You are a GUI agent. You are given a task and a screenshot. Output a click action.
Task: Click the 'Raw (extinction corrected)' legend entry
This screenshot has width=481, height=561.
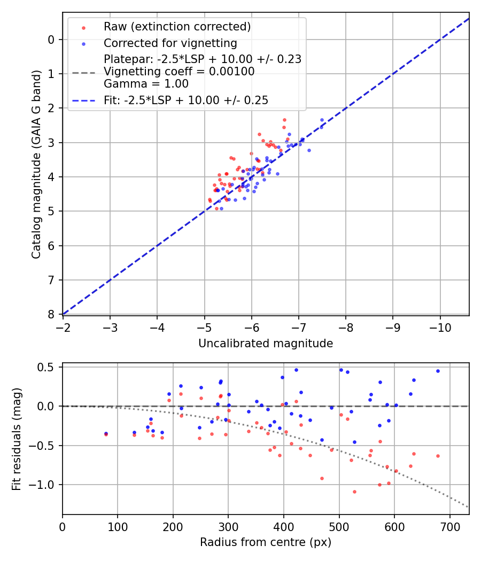pos(177,27)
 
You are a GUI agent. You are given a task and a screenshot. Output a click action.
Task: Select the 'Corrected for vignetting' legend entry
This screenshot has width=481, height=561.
pos(170,43)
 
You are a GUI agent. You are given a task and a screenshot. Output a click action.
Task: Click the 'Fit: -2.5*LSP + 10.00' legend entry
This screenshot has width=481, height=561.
pos(186,100)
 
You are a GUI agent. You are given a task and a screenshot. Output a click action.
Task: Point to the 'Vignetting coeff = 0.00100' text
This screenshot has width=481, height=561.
pos(179,72)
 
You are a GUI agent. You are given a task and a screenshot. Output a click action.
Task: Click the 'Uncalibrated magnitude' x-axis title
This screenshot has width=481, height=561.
pos(266,344)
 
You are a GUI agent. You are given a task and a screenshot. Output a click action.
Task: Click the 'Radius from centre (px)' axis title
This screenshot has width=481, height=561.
pos(266,542)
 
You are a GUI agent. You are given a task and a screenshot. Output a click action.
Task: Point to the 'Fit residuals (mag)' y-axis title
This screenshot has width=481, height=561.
pos(17,439)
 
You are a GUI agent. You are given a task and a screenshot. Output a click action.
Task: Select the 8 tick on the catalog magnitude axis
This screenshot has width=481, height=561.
pos(51,314)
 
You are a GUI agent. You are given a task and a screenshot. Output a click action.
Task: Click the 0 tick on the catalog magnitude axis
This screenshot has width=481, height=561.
pos(51,40)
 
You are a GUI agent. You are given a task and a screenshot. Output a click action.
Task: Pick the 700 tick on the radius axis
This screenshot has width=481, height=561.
pos(449,526)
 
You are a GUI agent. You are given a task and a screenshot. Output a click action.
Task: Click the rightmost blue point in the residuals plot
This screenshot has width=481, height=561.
pos(438,371)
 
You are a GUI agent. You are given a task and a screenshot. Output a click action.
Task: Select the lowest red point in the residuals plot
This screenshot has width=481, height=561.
pos(354,492)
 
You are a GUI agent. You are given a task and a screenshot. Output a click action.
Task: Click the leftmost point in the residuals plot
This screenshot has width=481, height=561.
pos(106,434)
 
